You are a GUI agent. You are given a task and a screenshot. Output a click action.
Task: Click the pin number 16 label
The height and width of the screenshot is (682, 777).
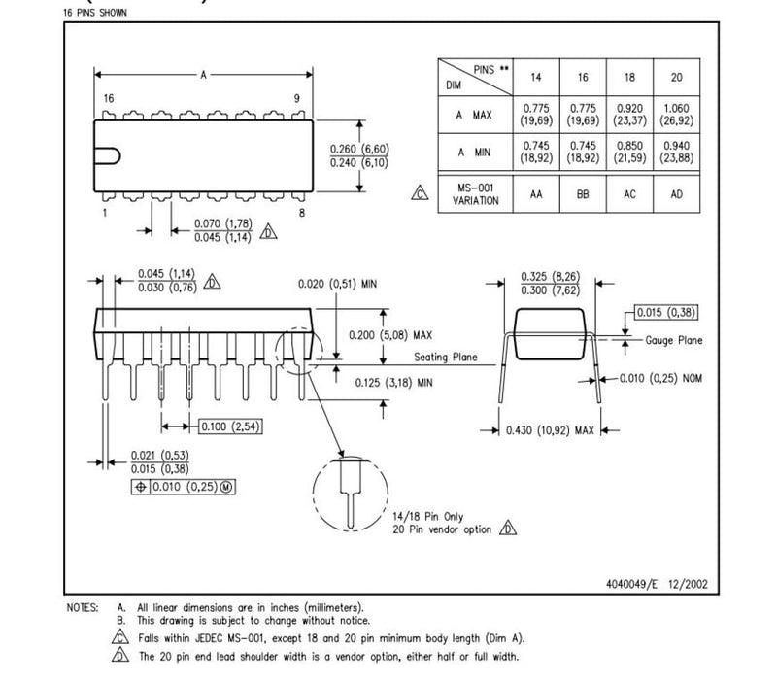pos(109,99)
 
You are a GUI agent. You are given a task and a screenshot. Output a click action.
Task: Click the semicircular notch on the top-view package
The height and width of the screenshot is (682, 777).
pos(109,156)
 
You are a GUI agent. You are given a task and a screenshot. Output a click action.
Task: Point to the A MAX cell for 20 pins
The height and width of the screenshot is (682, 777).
pos(677,116)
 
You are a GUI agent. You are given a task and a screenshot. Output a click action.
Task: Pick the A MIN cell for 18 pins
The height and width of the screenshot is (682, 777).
pos(629,152)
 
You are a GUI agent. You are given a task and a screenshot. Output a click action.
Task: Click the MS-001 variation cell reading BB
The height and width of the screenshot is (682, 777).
pos(583,193)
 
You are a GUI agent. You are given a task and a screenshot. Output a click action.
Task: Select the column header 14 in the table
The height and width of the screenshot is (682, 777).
pos(535,76)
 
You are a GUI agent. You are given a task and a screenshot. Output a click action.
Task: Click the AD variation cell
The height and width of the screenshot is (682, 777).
pos(677,193)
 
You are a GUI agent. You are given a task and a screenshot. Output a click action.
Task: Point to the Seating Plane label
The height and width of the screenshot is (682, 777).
pos(446,358)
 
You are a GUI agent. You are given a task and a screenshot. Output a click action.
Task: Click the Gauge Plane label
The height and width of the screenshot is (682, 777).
pos(674,340)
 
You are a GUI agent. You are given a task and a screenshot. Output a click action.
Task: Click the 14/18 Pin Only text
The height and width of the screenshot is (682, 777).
pos(428,516)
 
